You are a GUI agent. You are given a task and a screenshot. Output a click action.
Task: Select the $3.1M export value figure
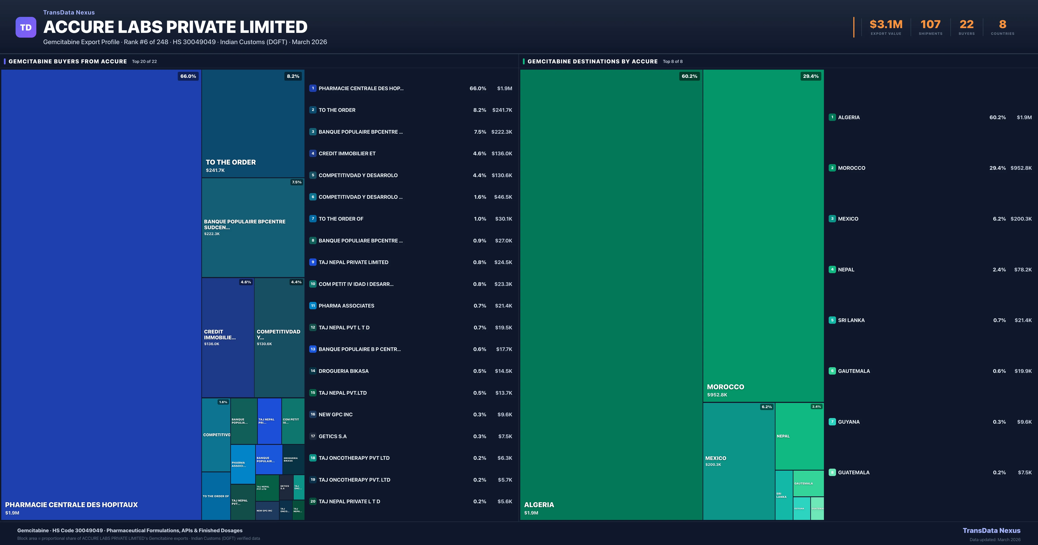point(886,25)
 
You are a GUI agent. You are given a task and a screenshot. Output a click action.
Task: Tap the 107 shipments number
point(930,25)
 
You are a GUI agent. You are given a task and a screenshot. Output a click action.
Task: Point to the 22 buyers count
point(966,25)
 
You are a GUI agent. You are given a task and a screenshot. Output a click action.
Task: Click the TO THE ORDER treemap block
point(253,123)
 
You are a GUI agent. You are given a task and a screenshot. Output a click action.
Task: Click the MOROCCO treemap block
point(763,236)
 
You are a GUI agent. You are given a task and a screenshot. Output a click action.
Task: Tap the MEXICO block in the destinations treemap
point(739,461)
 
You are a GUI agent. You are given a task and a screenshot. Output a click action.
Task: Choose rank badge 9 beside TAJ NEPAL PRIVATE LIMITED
point(313,262)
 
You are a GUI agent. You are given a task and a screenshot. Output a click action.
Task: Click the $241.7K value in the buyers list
point(502,110)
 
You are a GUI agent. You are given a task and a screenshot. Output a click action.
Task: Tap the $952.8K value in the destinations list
point(1021,168)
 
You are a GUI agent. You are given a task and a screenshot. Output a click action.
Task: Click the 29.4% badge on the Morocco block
point(810,76)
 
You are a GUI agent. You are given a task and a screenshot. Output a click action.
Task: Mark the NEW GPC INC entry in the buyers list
point(335,414)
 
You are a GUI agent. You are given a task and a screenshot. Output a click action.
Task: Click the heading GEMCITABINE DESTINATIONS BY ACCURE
point(592,61)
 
